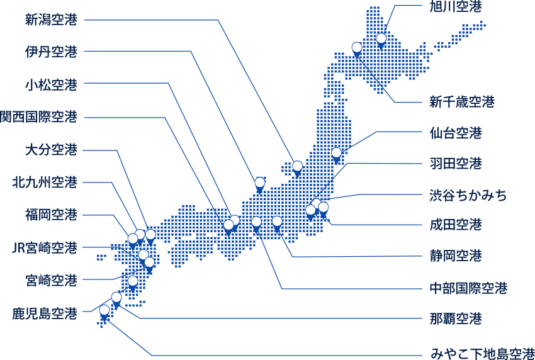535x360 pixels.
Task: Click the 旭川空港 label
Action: click(456, 7)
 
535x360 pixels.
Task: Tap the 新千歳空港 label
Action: click(462, 101)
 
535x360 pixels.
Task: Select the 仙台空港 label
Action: click(456, 133)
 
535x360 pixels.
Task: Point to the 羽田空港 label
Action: click(456, 164)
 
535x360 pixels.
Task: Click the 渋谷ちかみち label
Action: click(468, 195)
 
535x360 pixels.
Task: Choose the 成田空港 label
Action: click(456, 224)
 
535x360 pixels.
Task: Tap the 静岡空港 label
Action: click(456, 256)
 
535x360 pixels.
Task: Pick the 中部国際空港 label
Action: click(468, 288)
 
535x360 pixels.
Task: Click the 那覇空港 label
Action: click(456, 319)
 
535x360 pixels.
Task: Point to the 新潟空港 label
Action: click(51, 20)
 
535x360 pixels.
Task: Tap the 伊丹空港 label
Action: click(51, 52)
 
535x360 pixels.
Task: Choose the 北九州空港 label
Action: click(45, 183)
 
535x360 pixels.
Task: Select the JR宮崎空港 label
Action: click(45, 248)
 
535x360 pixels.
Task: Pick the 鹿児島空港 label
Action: click(45, 313)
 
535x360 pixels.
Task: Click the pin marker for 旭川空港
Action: click(381, 38)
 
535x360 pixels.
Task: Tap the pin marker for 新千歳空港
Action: click(357, 47)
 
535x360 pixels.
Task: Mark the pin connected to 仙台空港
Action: click(336, 152)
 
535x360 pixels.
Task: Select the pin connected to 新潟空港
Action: click(297, 166)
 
